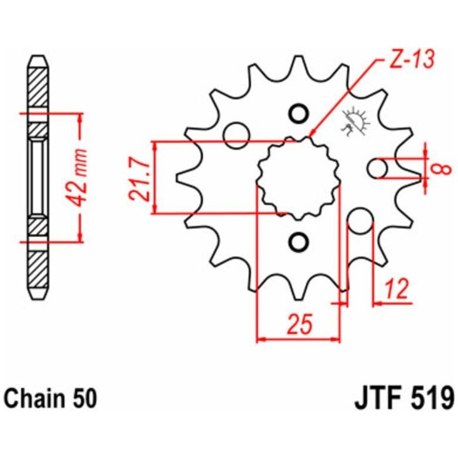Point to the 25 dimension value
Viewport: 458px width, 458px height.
click(300, 324)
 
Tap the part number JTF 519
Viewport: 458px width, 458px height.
click(405, 398)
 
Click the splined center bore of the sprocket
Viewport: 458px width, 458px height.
click(298, 178)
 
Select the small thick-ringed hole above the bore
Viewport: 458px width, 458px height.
click(298, 114)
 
